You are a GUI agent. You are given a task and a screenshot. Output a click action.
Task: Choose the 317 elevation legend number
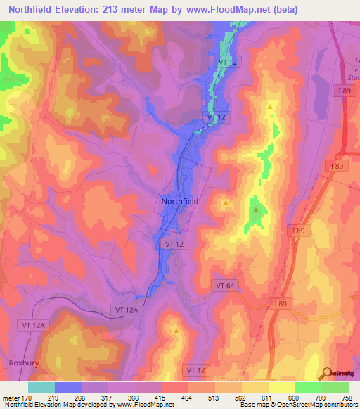pyautogui.click(x=108, y=397)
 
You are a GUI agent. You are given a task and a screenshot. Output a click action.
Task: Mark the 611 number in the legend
pyautogui.click(x=268, y=397)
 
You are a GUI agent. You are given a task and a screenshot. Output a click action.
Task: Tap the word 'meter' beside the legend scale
pyautogui.click(x=11, y=397)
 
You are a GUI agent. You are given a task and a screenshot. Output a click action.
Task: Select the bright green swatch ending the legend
pyautogui.click(x=335, y=387)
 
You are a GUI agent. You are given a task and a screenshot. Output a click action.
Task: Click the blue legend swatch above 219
pyautogui.click(x=68, y=387)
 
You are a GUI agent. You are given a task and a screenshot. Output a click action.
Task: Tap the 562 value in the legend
pyautogui.click(x=241, y=397)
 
